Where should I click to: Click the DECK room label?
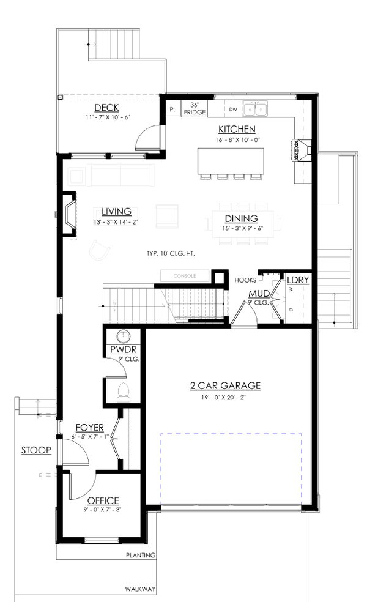[106, 108]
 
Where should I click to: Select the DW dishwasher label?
[232, 110]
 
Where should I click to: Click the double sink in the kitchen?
[256, 109]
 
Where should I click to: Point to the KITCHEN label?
[237, 129]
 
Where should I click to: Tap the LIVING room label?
[116, 212]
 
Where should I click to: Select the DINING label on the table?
[240, 218]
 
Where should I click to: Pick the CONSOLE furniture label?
[184, 276]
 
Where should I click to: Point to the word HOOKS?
[245, 280]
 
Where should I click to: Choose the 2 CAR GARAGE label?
[225, 385]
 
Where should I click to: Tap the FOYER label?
[89, 427]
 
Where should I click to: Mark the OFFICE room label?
[103, 500]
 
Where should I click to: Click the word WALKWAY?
[141, 589]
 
